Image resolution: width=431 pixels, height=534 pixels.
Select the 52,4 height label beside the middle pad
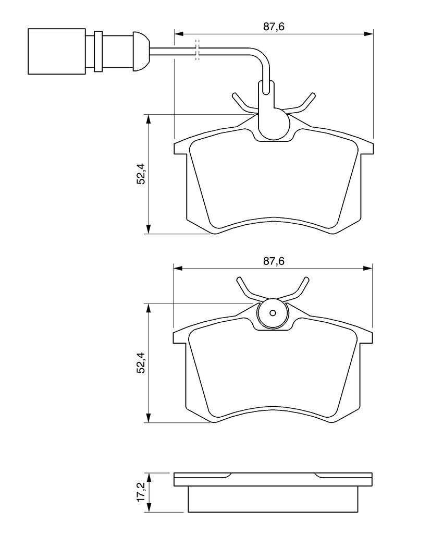(140, 363)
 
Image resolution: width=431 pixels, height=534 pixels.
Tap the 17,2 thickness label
(140, 492)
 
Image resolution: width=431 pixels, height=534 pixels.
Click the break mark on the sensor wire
(197, 50)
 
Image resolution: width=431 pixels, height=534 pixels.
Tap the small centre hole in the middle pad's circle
(273, 313)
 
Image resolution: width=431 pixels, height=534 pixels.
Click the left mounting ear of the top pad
(180, 147)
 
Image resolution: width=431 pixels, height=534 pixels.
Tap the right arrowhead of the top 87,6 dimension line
(370, 34)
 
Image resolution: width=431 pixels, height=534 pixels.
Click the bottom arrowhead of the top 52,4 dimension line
(149, 229)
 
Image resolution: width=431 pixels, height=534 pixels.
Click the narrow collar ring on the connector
(97, 51)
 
